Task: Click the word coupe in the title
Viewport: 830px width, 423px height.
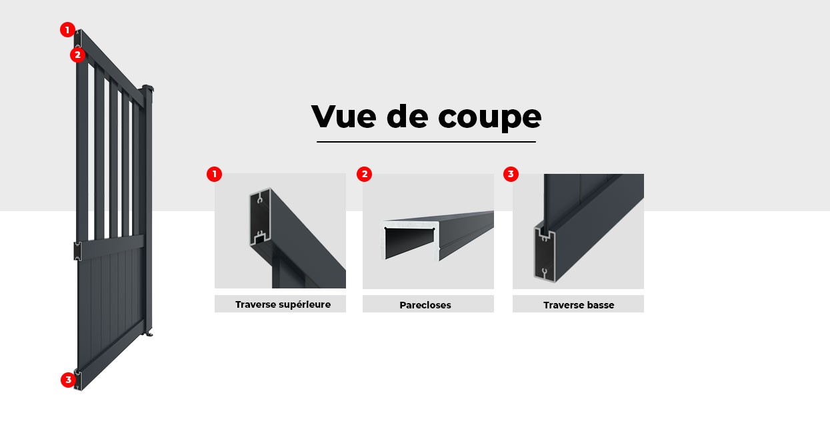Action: pos(489,118)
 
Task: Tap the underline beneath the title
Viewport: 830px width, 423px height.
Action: pos(426,141)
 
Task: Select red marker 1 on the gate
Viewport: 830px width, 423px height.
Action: pos(67,29)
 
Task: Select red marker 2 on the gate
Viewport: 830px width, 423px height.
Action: pos(77,55)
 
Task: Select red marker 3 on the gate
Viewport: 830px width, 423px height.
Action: pos(68,380)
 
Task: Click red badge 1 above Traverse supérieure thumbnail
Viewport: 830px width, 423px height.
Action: pos(214,175)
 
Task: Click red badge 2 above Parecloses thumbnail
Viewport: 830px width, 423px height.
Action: pos(364,175)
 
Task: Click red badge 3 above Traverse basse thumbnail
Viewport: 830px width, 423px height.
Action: pos(511,175)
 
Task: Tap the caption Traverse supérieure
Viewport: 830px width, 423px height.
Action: pos(283,304)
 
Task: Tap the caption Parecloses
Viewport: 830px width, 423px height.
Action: pos(425,305)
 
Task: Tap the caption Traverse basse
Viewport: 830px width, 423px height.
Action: pos(579,305)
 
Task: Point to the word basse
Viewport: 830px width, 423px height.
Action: pos(600,305)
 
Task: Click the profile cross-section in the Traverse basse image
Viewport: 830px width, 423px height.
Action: pos(545,252)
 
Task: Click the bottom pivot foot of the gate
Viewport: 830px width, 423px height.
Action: pos(149,332)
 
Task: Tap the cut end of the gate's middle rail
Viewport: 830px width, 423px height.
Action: pos(77,251)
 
